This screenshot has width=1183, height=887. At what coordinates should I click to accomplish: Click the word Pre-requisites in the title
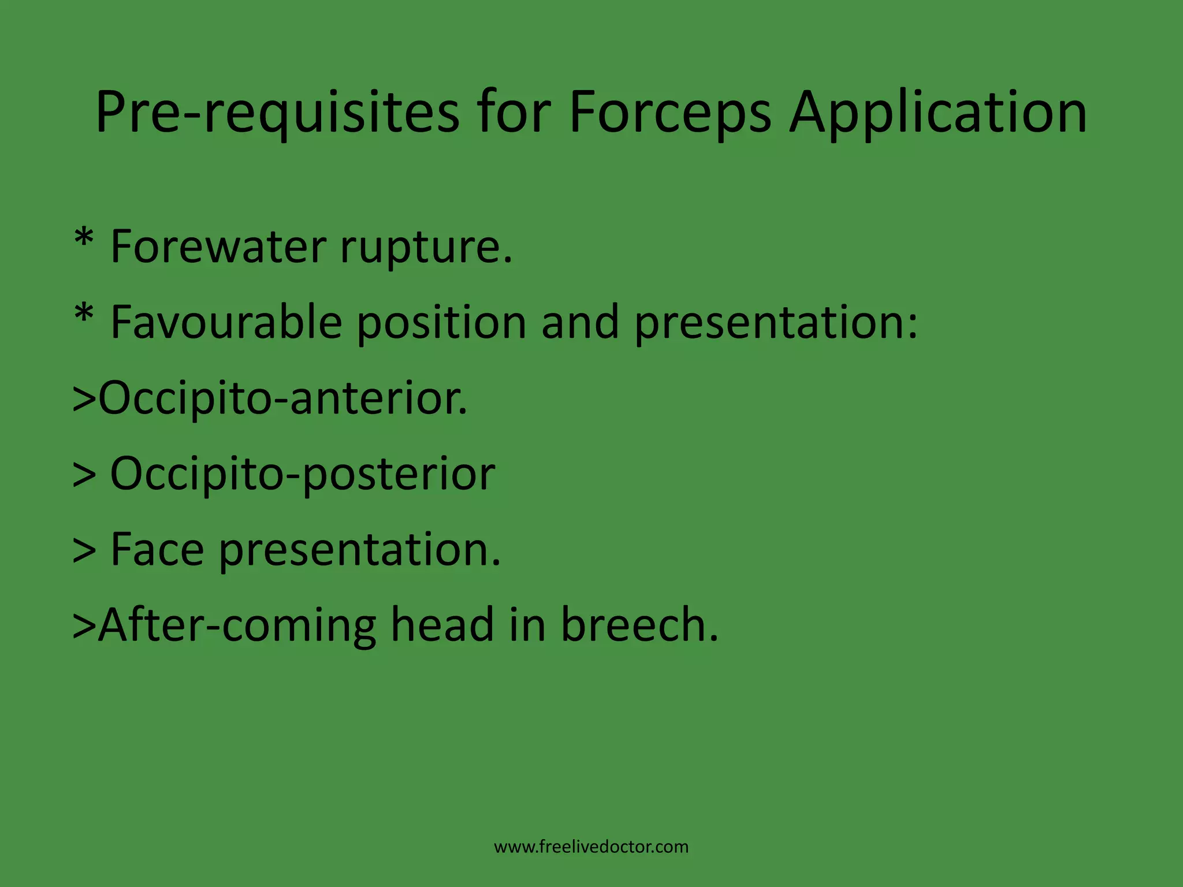click(277, 112)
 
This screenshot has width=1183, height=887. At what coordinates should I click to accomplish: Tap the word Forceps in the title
click(669, 112)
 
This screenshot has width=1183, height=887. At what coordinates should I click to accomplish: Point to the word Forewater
click(218, 247)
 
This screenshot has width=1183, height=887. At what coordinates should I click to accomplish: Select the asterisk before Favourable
click(84, 315)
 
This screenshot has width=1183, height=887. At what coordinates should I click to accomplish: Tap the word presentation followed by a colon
click(775, 323)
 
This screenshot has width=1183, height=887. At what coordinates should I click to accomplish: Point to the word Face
click(157, 549)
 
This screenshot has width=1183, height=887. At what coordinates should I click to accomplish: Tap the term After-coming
click(237, 625)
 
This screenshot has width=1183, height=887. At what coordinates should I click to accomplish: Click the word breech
click(639, 624)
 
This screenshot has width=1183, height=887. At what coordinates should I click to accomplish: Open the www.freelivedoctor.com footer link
click(591, 847)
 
